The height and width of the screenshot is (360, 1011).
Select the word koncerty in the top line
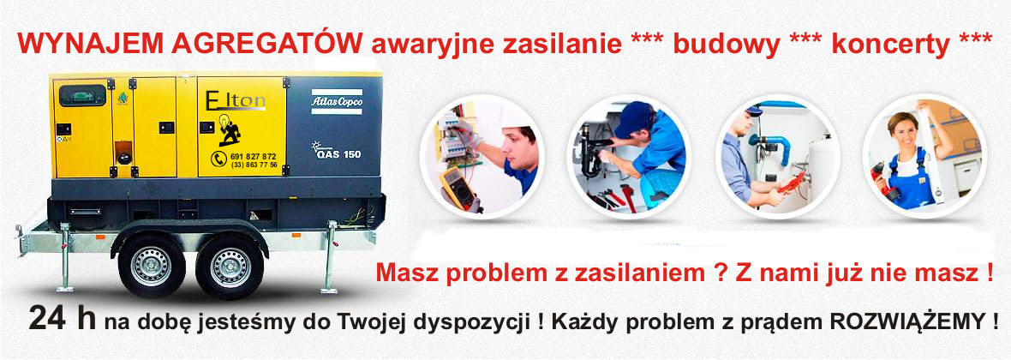pyautogui.click(x=890, y=45)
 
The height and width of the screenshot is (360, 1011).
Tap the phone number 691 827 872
pyautogui.click(x=253, y=156)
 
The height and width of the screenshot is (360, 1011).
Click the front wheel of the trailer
pyautogui.click(x=152, y=266)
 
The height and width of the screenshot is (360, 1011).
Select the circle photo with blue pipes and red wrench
pyautogui.click(x=781, y=157)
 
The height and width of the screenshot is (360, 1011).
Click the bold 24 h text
pyautogui.click(x=62, y=320)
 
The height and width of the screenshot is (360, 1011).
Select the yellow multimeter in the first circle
pyautogui.click(x=457, y=187)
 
